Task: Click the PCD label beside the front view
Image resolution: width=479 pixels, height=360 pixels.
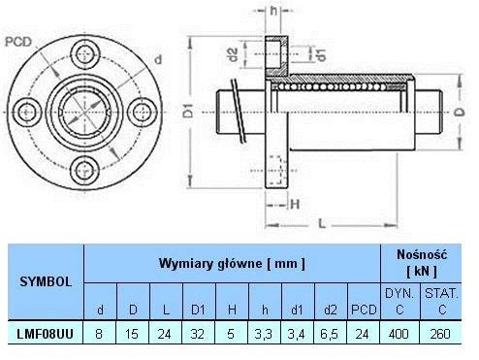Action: click(x=18, y=42)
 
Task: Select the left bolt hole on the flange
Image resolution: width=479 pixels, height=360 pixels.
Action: click(x=26, y=112)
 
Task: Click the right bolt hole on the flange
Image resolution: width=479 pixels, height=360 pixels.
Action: click(x=143, y=112)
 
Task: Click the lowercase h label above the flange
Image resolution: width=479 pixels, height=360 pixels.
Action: click(x=273, y=11)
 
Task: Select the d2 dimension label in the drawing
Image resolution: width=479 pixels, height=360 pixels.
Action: click(x=233, y=54)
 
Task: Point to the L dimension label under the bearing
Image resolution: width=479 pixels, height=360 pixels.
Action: click(x=322, y=223)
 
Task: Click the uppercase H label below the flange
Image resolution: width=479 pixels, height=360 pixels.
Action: click(x=295, y=205)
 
